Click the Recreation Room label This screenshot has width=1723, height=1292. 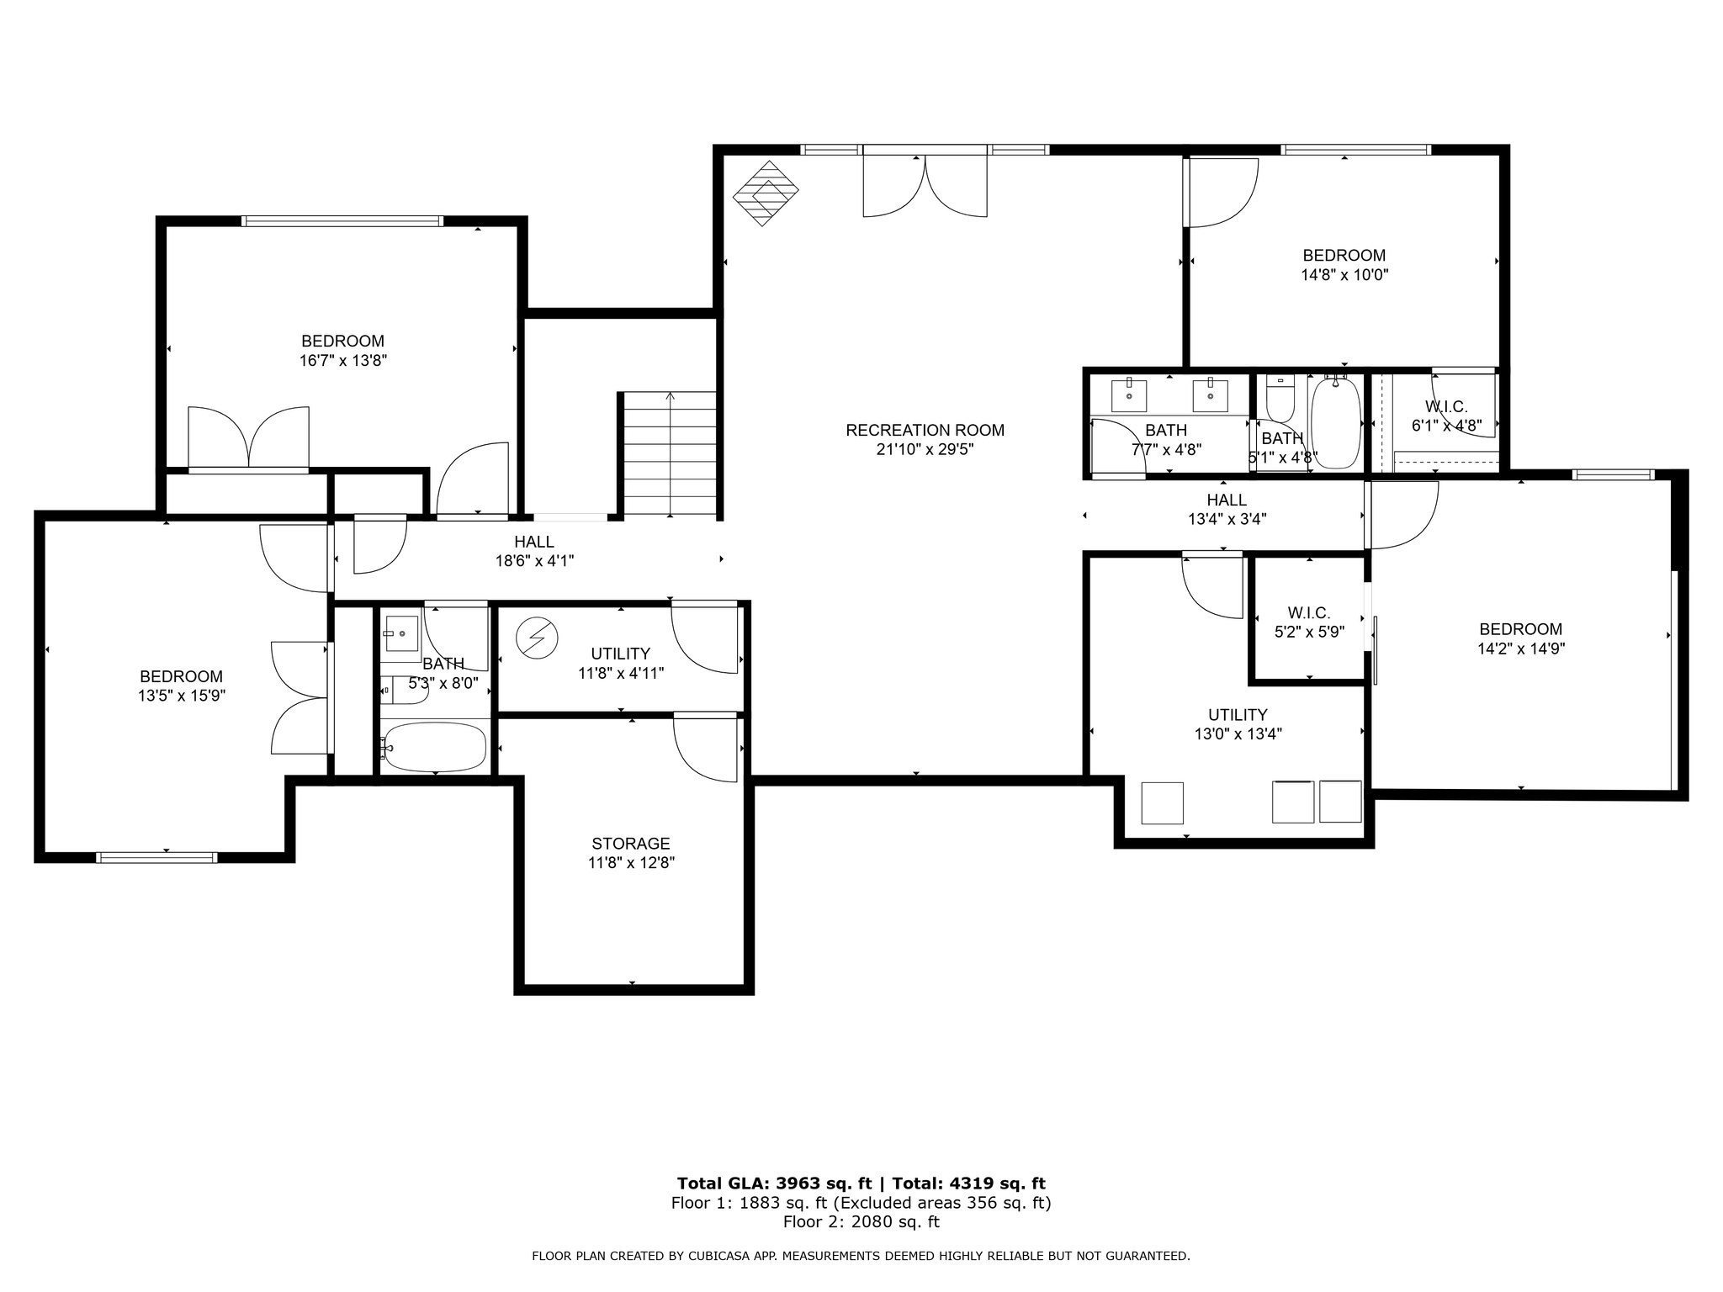(925, 430)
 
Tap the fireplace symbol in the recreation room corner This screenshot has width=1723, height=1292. (765, 193)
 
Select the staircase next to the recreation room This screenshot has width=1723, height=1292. (670, 454)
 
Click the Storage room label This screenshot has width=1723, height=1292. (630, 844)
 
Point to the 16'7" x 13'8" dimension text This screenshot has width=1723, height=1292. (342, 361)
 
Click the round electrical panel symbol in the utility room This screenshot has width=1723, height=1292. (537, 638)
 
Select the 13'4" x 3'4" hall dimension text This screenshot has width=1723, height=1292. (1227, 520)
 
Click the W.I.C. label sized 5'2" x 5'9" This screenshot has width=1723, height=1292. (1308, 613)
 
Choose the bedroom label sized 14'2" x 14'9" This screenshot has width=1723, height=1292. (1520, 629)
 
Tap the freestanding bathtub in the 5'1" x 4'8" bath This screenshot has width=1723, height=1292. (1335, 423)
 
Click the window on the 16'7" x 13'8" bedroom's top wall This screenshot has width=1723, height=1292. (342, 221)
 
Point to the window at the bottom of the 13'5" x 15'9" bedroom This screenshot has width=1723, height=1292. (156, 857)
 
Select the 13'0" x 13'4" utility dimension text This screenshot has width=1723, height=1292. (1238, 734)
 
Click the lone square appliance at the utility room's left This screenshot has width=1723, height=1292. (1162, 802)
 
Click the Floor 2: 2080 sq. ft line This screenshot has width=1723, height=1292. (861, 1222)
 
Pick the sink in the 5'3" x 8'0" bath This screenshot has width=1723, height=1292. (402, 633)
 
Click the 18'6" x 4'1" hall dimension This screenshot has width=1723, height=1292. (534, 561)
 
